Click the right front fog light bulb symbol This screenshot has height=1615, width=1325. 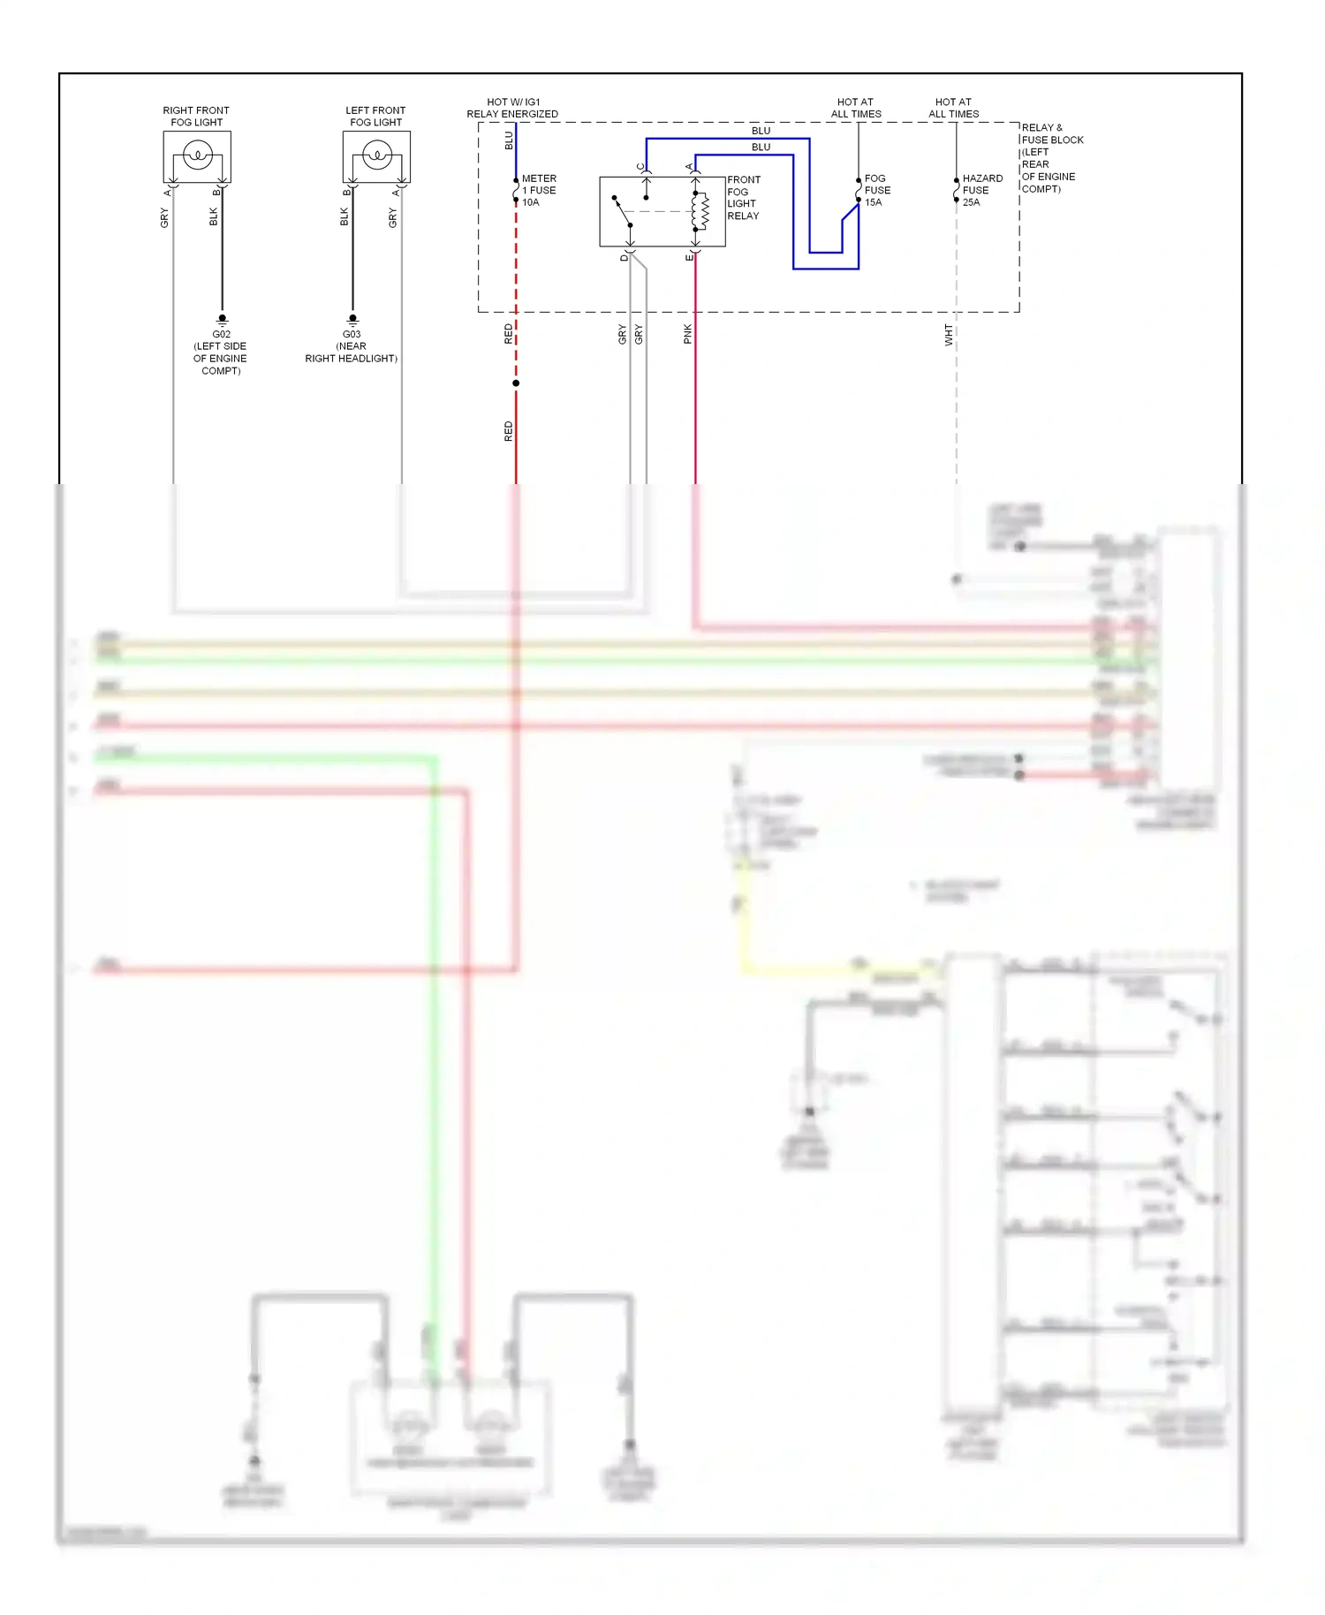[197, 156]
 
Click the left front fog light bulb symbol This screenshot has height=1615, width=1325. [376, 156]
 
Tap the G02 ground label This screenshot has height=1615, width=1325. [221, 334]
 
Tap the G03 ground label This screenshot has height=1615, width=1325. [352, 334]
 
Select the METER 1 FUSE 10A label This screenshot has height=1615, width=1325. [539, 190]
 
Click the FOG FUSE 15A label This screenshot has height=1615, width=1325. [877, 190]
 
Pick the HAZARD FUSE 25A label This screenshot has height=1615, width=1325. [981, 190]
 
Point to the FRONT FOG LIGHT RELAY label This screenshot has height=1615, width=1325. [743, 198]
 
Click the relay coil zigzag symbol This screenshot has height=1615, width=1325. [704, 210]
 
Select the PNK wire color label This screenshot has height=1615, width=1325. [688, 334]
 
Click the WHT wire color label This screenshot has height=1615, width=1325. [949, 334]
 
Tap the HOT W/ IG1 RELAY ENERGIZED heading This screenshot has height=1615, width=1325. [512, 108]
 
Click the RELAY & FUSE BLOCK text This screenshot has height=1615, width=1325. [1050, 133]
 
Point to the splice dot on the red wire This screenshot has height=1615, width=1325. [516, 383]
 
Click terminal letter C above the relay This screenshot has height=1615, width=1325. [640, 166]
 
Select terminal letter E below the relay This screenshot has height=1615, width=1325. [689, 257]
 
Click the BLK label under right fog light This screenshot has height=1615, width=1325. [213, 216]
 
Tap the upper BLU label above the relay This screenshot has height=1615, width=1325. [761, 131]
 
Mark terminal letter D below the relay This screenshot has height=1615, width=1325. [624, 257]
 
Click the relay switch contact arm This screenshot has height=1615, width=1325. [623, 211]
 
